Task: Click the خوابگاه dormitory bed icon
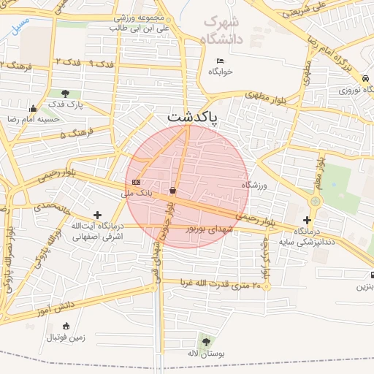click(221, 61)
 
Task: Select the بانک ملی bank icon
click(135, 182)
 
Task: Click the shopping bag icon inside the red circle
click(172, 190)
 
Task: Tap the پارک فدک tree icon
click(66, 93)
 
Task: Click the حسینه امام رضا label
click(27, 118)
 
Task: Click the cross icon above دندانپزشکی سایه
click(307, 219)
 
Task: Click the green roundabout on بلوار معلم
click(315, 199)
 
